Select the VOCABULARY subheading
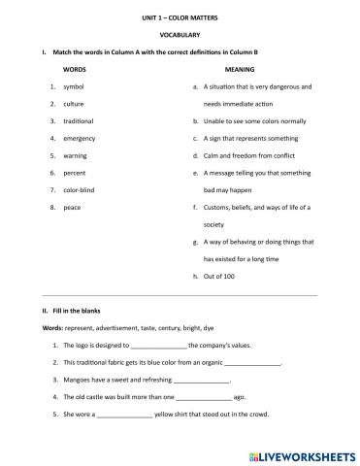click(180, 34)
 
